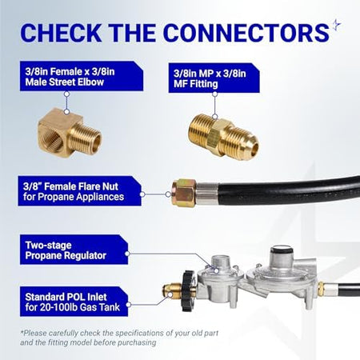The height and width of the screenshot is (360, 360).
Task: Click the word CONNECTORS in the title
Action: (246, 33)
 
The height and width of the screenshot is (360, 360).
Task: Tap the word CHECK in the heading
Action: (61, 33)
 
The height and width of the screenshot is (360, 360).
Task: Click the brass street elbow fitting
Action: (70, 133)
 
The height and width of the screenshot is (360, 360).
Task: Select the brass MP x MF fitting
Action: (223, 137)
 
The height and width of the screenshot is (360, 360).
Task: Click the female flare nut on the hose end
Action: (184, 193)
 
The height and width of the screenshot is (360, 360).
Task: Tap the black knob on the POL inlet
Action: (189, 290)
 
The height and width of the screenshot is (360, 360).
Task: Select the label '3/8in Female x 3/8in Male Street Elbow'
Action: (82, 76)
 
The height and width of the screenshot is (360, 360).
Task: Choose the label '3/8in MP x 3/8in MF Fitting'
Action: (214, 78)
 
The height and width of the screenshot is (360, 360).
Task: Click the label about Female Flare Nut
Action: (79, 191)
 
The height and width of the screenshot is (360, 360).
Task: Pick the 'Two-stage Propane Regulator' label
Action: (74, 250)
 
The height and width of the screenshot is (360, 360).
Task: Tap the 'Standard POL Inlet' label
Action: (74, 302)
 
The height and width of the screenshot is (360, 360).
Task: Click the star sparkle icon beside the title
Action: (337, 26)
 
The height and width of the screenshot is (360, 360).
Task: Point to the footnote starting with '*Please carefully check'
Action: (119, 338)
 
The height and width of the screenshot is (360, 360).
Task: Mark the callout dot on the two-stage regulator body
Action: (217, 270)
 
